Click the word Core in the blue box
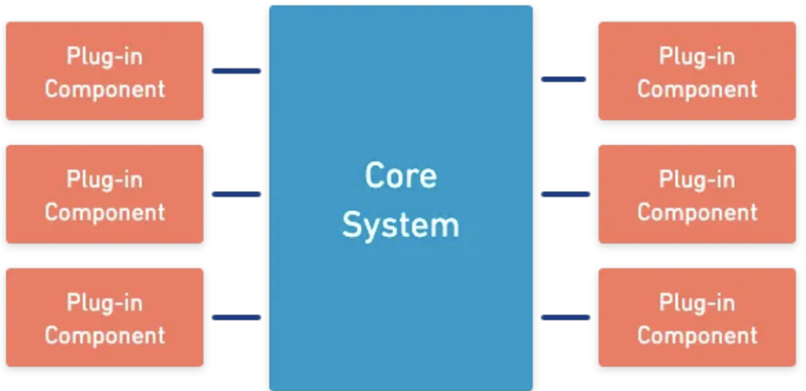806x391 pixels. pyautogui.click(x=401, y=176)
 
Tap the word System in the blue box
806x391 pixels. pyautogui.click(x=401, y=224)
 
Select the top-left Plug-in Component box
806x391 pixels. pyautogui.click(x=104, y=71)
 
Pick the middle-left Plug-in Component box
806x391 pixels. pyautogui.click(x=104, y=194)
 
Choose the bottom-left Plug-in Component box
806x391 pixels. pyautogui.click(x=104, y=317)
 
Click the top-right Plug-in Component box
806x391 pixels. pyautogui.click(x=697, y=71)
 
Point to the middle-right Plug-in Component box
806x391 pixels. pyautogui.click(x=697, y=194)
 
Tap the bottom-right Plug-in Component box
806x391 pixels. pyautogui.click(x=697, y=317)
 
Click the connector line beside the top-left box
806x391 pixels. pyautogui.click(x=236, y=71)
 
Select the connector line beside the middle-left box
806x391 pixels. pyautogui.click(x=236, y=194)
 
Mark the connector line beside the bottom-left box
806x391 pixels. pyautogui.click(x=236, y=317)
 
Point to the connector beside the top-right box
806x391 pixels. pyautogui.click(x=564, y=78)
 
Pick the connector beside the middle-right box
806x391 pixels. pyautogui.click(x=565, y=194)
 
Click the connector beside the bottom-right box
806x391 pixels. pyautogui.click(x=565, y=317)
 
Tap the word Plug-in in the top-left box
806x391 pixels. pyautogui.click(x=104, y=56)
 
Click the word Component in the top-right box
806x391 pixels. pyautogui.click(x=697, y=90)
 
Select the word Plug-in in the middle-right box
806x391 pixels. pyautogui.click(x=697, y=179)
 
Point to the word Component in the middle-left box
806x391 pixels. pyautogui.click(x=104, y=213)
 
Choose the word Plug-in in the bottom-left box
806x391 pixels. pyautogui.click(x=104, y=302)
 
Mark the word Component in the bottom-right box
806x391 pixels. pyautogui.click(x=697, y=335)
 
